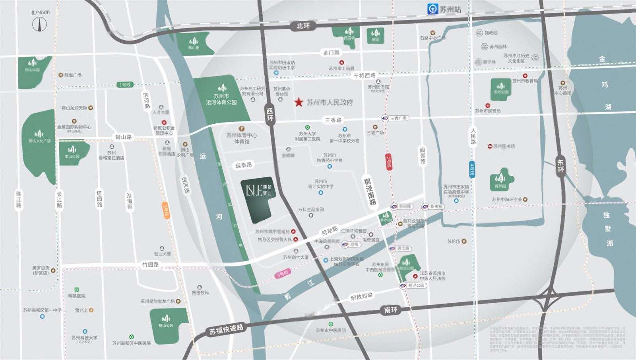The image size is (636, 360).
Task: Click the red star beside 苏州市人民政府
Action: (x=299, y=102)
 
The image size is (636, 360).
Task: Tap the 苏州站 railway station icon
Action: (x=432, y=8)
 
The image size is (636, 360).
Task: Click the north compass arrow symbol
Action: (x=40, y=24)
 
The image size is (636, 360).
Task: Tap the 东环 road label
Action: (x=560, y=166)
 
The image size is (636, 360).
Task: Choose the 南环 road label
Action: (x=391, y=309)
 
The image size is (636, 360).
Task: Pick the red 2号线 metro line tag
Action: (x=389, y=162)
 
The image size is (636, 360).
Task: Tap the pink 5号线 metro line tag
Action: (x=282, y=273)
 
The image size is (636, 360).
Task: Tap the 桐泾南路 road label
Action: (x=370, y=191)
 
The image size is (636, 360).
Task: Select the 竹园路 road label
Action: (x=151, y=265)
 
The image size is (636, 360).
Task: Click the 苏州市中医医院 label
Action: (x=331, y=330)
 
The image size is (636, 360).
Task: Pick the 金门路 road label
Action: (x=331, y=53)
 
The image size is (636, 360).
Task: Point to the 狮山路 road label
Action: (x=123, y=137)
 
